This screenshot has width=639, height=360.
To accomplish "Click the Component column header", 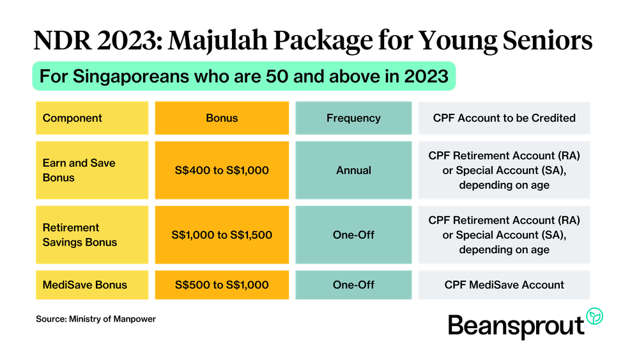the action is pos(92,118).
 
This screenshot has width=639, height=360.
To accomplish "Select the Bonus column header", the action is pos(222,118).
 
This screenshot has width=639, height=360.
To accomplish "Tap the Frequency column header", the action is pos(353,118).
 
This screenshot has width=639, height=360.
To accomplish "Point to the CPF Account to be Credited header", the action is pos(504,118).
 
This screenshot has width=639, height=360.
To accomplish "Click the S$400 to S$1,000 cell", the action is pos(222,170).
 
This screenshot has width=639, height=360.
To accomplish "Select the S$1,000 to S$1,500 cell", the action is pos(222,235).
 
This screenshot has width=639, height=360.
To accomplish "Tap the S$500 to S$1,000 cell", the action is pos(222,285).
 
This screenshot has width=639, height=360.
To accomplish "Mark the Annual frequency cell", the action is pos(353,170).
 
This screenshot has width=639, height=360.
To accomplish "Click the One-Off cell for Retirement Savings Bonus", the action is pos(353,235).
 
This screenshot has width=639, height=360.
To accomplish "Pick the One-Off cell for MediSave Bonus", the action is pos(353,285).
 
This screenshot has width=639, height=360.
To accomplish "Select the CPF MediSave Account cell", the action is pos(504,285).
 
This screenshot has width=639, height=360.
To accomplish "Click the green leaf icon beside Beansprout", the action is pos(594,317).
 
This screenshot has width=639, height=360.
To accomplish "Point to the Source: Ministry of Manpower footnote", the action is pos(96,319).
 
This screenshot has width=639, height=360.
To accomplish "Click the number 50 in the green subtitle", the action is pos(277,76).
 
